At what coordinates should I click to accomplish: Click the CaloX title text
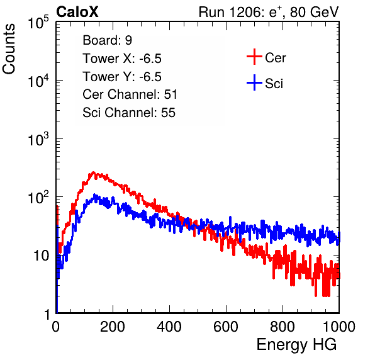point(77,12)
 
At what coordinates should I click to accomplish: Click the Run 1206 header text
point(269,12)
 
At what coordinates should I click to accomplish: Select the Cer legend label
point(275,58)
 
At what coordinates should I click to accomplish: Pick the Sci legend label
point(274,84)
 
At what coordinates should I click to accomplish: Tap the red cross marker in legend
point(254,57)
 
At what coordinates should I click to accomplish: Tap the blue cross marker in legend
point(254,82)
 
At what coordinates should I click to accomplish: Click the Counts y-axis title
point(9,49)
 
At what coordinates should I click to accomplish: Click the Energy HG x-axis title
point(296,345)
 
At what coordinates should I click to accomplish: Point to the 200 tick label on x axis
point(113,327)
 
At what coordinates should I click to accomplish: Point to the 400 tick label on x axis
point(169,327)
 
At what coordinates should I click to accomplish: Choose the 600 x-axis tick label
point(226,327)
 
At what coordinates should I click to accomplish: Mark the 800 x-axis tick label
point(283,327)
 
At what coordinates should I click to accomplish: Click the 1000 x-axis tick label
point(339,327)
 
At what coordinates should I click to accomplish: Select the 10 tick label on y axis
point(41,256)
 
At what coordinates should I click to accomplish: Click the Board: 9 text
point(107,40)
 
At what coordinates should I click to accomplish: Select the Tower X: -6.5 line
point(122,59)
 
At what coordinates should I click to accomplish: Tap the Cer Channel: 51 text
point(130,94)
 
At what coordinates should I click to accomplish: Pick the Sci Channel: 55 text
point(129,113)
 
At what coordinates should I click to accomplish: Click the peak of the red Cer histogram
point(93,172)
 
